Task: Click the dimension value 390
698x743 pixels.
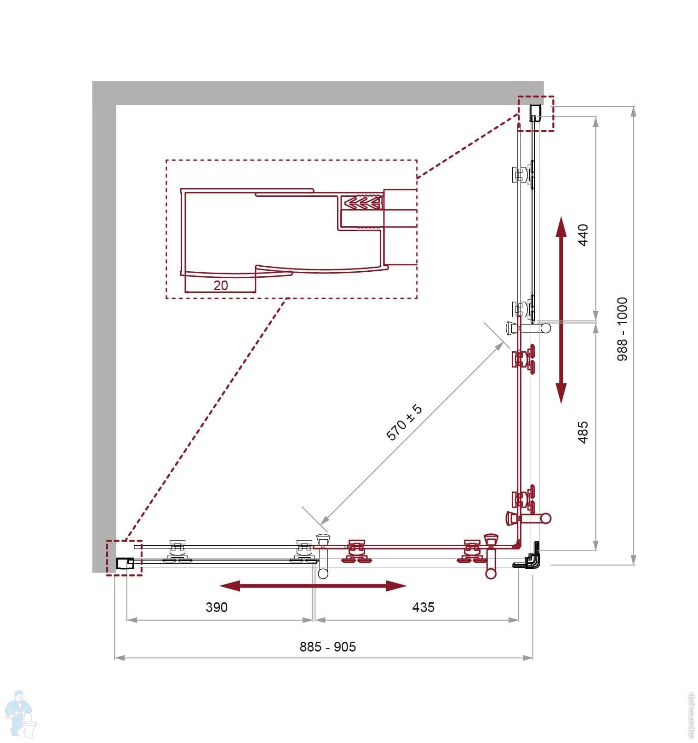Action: tap(216, 607)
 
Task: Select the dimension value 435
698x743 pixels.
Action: tap(423, 607)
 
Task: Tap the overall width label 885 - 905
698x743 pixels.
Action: tap(327, 647)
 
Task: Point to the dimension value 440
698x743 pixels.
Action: tap(583, 235)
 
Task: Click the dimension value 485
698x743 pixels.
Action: tap(583, 432)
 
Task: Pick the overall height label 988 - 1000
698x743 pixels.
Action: tap(622, 329)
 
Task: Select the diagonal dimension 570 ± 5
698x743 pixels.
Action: tap(404, 423)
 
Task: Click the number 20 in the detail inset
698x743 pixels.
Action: tap(221, 286)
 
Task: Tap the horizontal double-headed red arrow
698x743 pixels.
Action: tap(313, 585)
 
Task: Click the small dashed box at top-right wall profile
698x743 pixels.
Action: tap(536, 114)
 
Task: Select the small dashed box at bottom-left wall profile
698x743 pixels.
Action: tap(124, 557)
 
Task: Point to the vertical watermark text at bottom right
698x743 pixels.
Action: tap(689, 715)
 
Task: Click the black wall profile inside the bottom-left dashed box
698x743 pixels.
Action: tap(124, 563)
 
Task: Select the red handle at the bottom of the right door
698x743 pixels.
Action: tap(529, 518)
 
